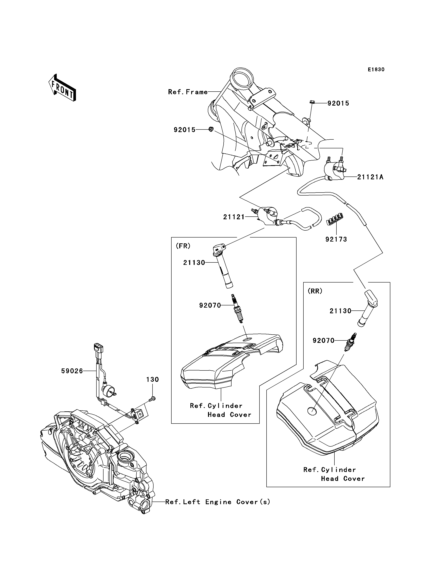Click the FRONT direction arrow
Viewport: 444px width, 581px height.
[62, 88]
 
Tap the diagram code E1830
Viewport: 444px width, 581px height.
[376, 70]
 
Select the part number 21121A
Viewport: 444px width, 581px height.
[370, 177]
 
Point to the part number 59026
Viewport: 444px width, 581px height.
[72, 371]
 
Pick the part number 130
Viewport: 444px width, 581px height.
[153, 380]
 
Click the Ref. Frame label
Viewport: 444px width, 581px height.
[188, 92]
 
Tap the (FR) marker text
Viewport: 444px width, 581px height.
[183, 246]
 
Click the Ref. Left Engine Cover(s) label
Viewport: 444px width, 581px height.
[218, 502]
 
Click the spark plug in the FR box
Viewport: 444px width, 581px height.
[237, 309]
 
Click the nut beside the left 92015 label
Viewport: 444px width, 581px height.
[211, 129]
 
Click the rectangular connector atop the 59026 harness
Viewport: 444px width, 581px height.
[98, 348]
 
